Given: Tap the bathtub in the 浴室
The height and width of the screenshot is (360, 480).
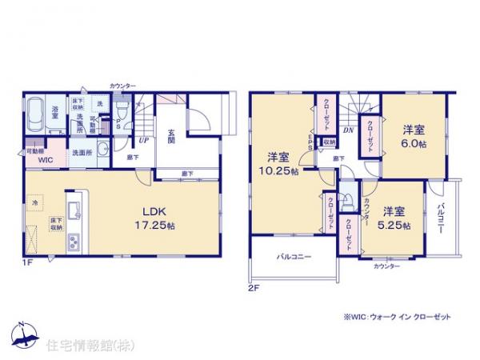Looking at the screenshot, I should coord(37,116).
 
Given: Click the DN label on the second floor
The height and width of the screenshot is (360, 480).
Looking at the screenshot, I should coord(348,129).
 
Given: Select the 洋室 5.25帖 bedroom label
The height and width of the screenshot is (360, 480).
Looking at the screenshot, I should coord(394,219).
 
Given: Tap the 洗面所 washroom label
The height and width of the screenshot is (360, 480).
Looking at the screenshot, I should coord(81,152).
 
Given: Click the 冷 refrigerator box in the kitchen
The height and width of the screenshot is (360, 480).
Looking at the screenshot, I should coord(35,204).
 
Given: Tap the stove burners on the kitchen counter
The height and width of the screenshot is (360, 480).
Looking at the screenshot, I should coord(74,240).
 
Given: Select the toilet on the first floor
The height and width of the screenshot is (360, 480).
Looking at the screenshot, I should coord(122,109).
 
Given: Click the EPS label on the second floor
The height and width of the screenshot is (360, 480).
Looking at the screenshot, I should coord(312,142).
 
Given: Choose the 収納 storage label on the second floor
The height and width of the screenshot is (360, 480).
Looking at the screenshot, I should coord(328,142).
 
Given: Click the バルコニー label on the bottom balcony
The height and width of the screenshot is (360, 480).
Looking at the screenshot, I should coord(295,258).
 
